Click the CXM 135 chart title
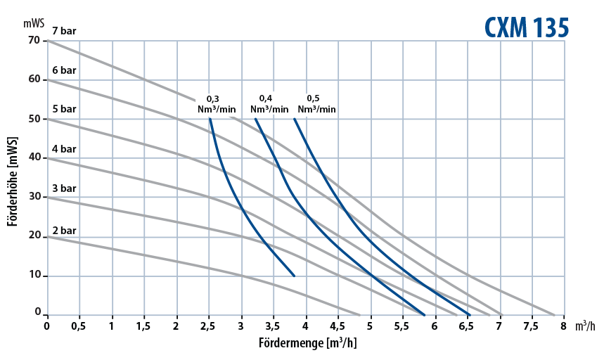point(526,26)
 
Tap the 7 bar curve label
point(64,31)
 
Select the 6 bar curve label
point(64,70)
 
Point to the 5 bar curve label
point(64,110)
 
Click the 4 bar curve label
point(64,149)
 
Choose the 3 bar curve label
point(64,188)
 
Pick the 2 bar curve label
point(64,230)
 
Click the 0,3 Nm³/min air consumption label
point(217,105)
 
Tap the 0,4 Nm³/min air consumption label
point(269,103)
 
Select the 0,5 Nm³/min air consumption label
point(316,103)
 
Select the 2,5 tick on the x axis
point(209,327)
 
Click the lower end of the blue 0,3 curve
point(294,276)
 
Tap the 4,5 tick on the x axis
point(338,327)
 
